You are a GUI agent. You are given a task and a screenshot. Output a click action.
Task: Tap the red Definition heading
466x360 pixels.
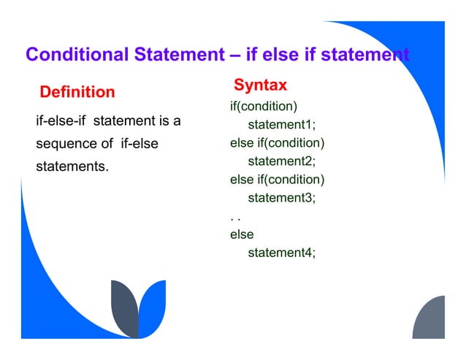(x=77, y=92)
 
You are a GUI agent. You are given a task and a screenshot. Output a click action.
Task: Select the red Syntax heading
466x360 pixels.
(x=259, y=84)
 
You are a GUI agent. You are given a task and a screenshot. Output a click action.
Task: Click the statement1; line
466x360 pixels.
(x=281, y=124)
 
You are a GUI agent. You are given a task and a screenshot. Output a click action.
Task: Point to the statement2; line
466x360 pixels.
(x=281, y=161)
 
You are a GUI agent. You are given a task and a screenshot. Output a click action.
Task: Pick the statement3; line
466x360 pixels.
(x=281, y=197)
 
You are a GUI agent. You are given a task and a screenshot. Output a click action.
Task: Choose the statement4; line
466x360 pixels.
(x=281, y=253)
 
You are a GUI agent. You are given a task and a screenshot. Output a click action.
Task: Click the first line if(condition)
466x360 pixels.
(x=264, y=107)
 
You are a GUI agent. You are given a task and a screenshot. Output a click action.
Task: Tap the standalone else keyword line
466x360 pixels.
(x=242, y=234)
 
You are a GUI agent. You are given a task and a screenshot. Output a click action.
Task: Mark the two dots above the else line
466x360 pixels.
(x=234, y=217)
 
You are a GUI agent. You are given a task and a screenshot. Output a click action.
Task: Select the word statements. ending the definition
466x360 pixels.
(x=72, y=167)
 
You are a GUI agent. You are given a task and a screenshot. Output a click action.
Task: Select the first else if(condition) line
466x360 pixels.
(x=277, y=142)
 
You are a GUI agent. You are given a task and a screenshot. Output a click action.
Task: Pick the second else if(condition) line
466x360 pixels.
(x=277, y=179)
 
